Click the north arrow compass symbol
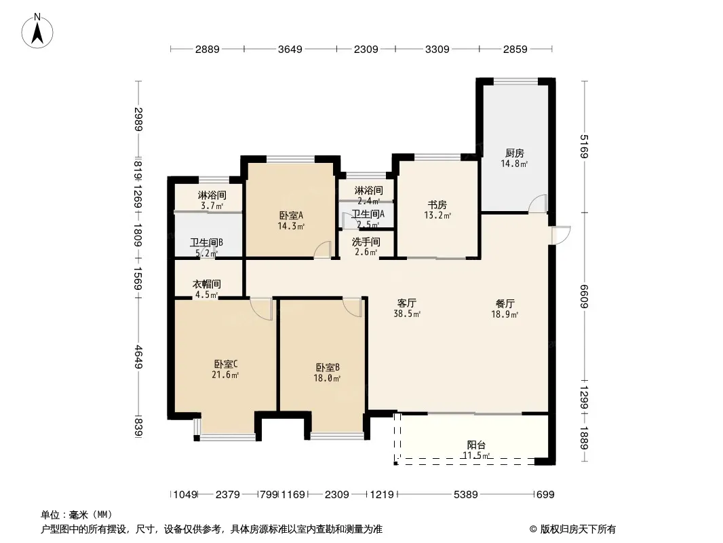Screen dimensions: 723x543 coord(37,31)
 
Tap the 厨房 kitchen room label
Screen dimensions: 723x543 coord(514,153)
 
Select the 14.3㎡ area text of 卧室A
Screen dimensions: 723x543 coord(291,226)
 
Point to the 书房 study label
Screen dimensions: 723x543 coord(437,204)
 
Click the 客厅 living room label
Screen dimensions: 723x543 coord(407,303)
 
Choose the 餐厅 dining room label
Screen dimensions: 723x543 coord(505,303)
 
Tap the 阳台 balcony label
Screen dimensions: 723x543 coord(476,445)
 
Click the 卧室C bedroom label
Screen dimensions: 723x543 coord(225,364)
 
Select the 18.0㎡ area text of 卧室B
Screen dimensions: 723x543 coord(327,378)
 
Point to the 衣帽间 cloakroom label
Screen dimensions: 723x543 coord(206,284)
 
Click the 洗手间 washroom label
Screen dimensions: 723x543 coord(366,242)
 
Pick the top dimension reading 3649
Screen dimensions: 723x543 coord(290,49)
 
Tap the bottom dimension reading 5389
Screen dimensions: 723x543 coord(466,495)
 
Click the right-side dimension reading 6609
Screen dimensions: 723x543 coord(584,296)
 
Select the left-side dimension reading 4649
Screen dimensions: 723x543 coord(138,356)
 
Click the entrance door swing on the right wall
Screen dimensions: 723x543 coord(562,235)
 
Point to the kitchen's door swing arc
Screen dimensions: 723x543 coord(538,204)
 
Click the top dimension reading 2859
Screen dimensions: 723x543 coord(515,49)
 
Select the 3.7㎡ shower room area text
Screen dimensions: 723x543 coord(212,206)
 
